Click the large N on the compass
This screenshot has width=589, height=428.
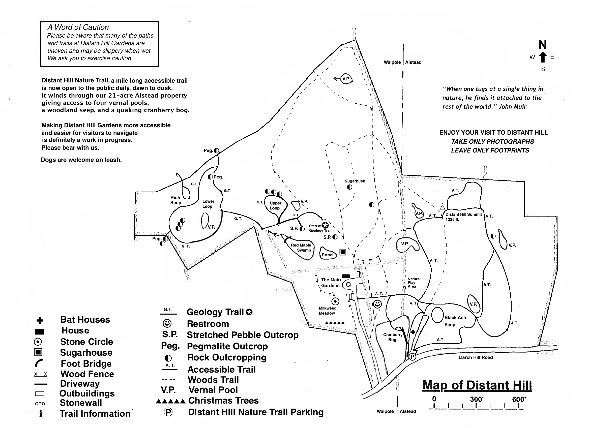[543, 45]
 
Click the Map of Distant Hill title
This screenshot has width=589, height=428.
[477, 385]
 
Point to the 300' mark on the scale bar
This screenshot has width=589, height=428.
[477, 400]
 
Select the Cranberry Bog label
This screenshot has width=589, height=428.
[392, 337]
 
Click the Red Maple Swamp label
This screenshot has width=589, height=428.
[301, 248]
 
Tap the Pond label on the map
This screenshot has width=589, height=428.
[327, 255]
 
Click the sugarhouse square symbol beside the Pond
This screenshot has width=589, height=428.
[343, 252]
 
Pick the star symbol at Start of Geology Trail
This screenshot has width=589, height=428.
[325, 225]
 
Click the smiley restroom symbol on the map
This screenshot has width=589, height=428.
[377, 304]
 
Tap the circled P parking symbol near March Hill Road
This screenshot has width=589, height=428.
[413, 357]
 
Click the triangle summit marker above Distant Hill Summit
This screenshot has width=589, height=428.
[442, 207]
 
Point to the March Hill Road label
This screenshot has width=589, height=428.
[476, 357]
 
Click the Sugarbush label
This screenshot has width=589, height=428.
[355, 181]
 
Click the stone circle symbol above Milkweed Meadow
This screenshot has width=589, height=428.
[336, 301]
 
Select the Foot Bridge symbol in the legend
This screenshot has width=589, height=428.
[38, 363]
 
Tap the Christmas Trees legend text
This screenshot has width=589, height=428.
[223, 401]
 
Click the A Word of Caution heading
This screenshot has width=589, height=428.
[78, 27]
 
